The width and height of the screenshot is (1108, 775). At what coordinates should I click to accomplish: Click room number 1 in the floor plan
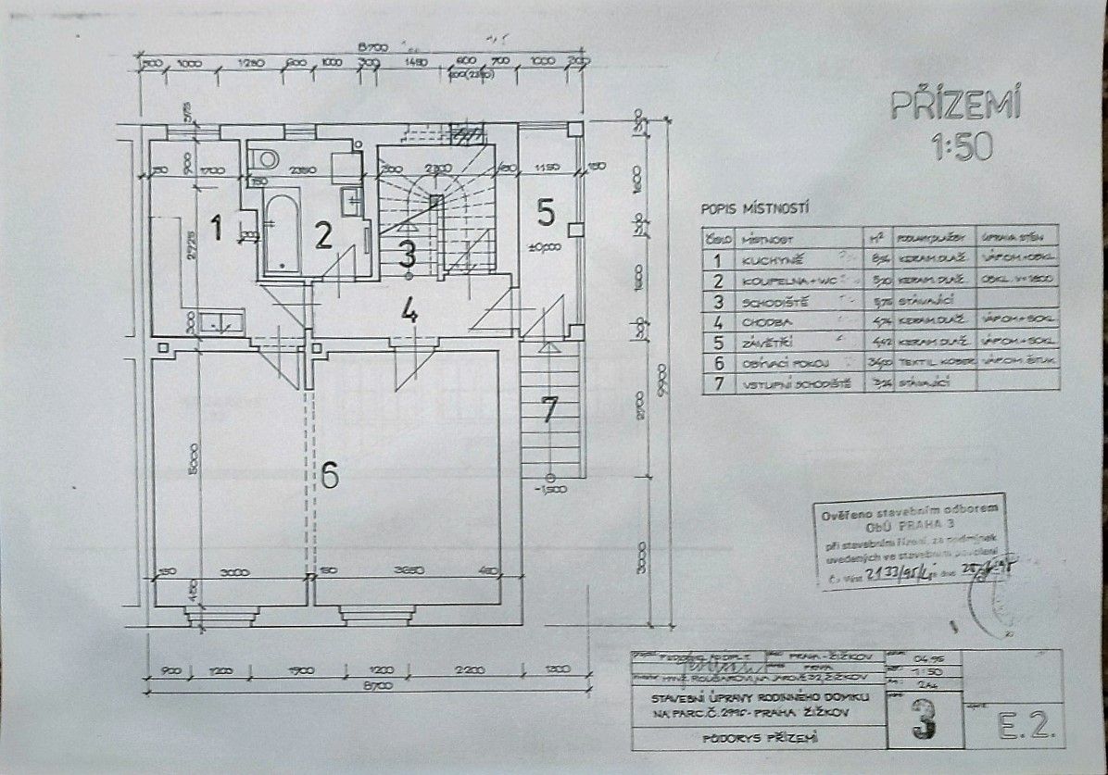click(216, 227)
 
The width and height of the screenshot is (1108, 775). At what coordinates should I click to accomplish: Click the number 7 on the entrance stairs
click(550, 408)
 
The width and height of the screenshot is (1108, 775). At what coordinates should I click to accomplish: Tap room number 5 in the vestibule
click(546, 212)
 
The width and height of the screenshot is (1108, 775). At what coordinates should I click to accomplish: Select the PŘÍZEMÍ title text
click(955, 105)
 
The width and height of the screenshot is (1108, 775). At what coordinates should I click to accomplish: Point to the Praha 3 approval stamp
click(910, 542)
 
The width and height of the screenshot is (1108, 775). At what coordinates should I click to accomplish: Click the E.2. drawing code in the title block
click(1026, 726)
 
